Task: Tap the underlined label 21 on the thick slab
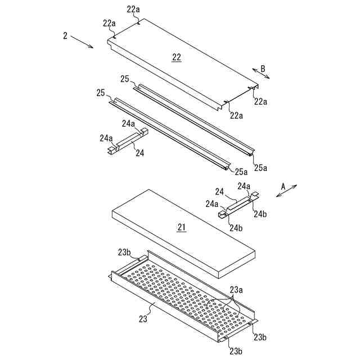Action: click(x=181, y=227)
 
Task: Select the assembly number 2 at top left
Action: click(x=65, y=36)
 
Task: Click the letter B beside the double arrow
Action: click(x=262, y=69)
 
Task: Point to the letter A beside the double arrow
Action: click(x=283, y=185)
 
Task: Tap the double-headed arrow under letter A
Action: click(x=286, y=191)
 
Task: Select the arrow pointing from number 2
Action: click(x=83, y=42)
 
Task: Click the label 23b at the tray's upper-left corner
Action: click(x=125, y=253)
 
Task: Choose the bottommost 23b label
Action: click(x=235, y=351)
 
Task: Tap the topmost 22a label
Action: click(x=133, y=10)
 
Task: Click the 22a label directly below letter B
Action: click(x=260, y=102)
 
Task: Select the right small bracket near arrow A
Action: click(x=238, y=204)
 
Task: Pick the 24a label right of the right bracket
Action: click(x=244, y=186)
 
